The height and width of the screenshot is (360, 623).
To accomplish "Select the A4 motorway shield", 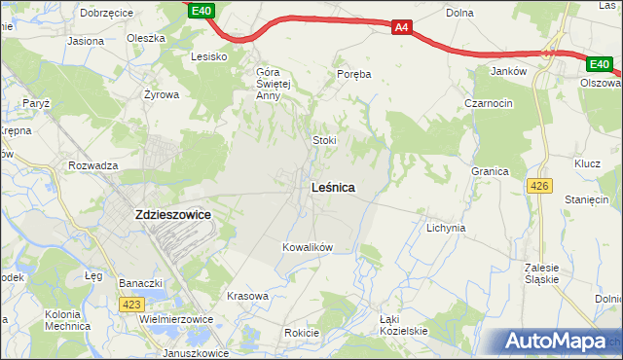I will point(402,28).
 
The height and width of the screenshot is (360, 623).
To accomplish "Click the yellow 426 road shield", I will point(537,184).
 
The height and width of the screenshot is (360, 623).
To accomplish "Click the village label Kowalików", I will point(308,247).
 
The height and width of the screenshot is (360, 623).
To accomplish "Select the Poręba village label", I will point(354,74).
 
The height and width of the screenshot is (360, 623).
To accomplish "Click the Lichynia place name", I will point(446,228).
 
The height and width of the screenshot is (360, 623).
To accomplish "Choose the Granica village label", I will point(491,171).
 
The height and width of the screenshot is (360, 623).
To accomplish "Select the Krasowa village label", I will point(246,296).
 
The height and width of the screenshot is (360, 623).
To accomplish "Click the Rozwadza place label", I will point(93,165).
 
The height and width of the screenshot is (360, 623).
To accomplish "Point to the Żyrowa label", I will point(162,95).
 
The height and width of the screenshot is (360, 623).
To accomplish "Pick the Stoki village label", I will point(324,140).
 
